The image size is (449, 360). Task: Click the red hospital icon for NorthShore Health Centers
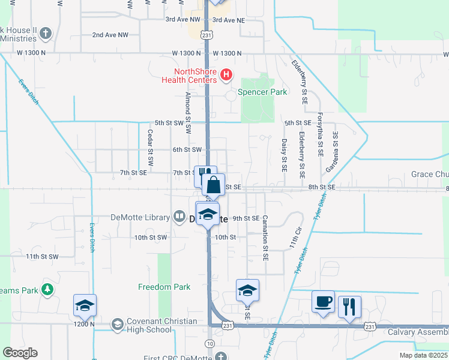tap(226, 75)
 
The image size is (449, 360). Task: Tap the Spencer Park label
tap(262, 92)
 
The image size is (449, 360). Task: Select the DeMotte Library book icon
tap(179, 217)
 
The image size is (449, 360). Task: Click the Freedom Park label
tap(164, 287)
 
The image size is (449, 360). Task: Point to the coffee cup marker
tap(323, 302)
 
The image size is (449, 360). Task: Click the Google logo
tap(20, 353)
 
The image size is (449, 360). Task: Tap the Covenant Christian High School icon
tap(117, 325)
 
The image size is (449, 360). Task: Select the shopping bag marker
tap(213, 184)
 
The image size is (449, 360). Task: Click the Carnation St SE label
tap(265, 239)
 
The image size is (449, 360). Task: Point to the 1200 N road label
tap(85, 324)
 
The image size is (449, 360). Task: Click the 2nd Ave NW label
tap(110, 35)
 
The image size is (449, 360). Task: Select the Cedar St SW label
tap(150, 148)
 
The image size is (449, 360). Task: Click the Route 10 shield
tap(208, 343)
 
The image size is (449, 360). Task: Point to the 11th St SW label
tap(42, 256)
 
